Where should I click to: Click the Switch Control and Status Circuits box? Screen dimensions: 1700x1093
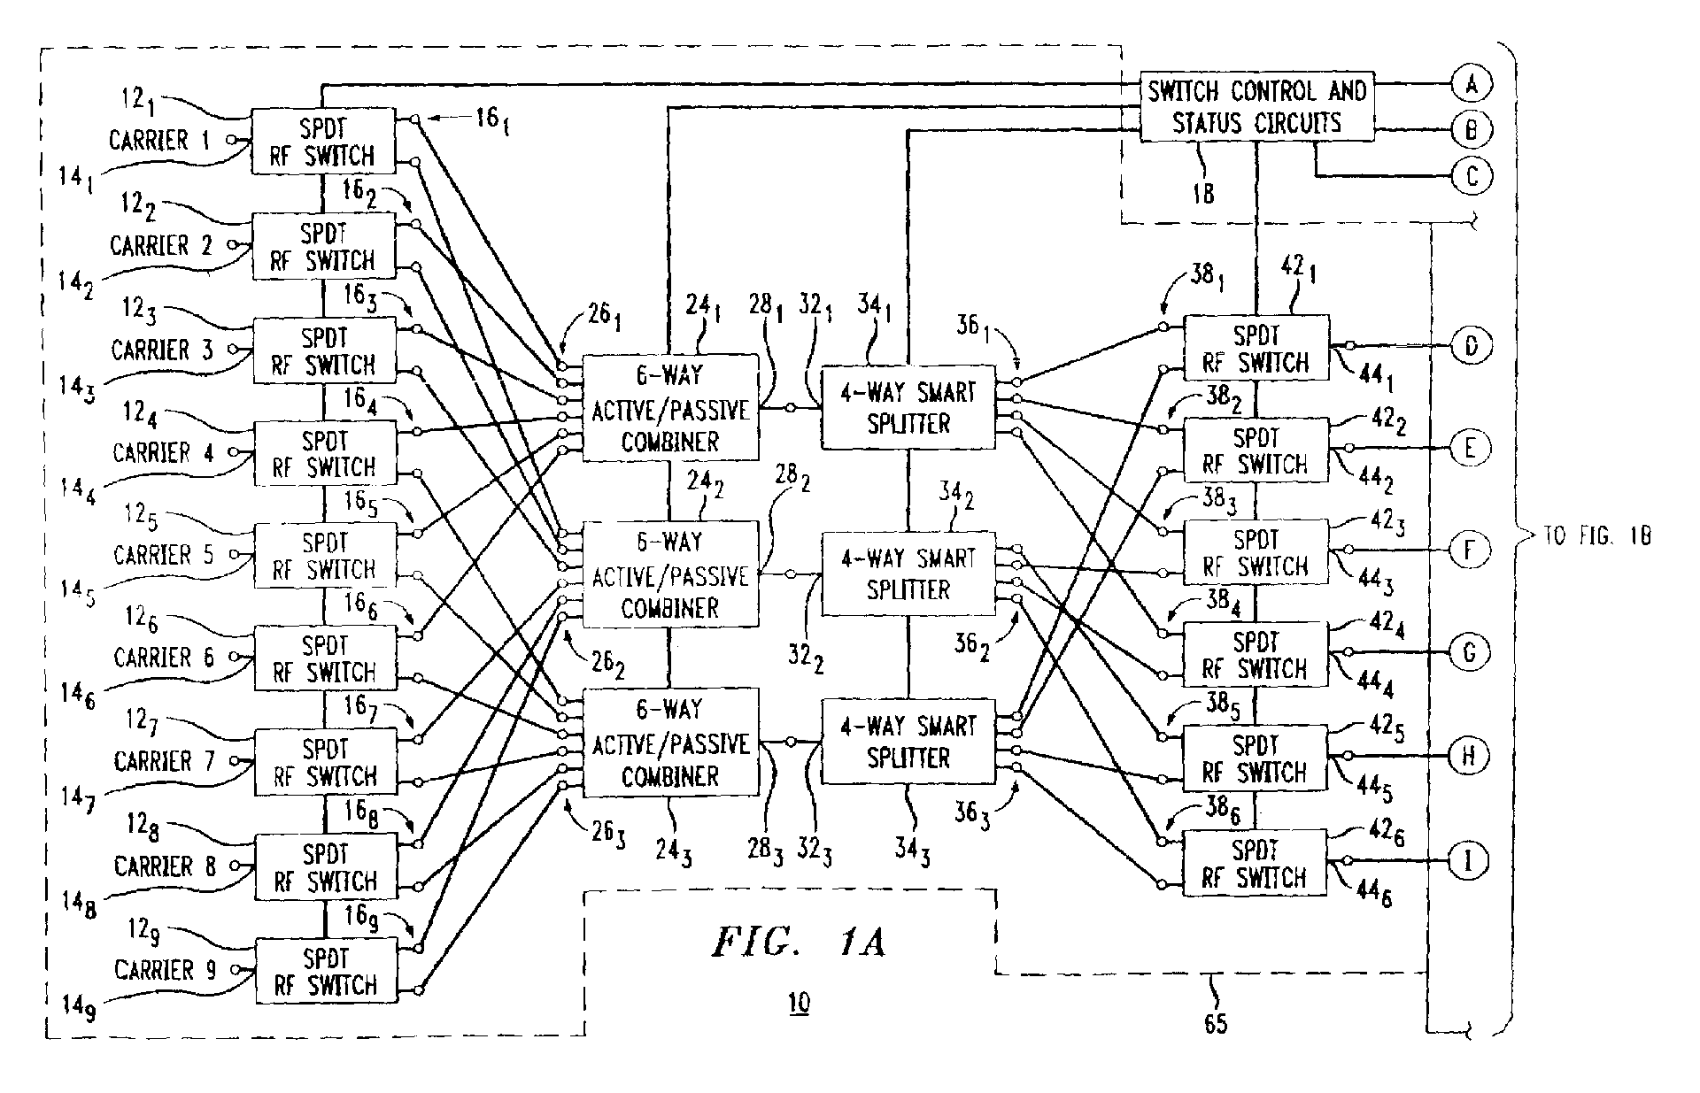click(1256, 107)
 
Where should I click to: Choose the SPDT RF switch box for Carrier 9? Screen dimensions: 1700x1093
click(326, 971)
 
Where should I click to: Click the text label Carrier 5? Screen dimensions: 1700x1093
click(164, 555)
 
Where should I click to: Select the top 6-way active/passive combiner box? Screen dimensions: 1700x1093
click(670, 408)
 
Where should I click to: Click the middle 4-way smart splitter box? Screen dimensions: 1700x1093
click(908, 573)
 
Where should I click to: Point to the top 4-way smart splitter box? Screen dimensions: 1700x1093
click(908, 408)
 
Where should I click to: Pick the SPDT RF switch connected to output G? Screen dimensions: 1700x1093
click(1256, 654)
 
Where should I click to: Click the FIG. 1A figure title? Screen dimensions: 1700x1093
click(799, 943)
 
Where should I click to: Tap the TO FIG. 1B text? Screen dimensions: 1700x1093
click(1598, 535)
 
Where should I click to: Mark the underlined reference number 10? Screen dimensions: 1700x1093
click(799, 1003)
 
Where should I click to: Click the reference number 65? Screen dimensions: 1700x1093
click(1216, 1024)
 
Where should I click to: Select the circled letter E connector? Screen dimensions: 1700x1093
click(1469, 448)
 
